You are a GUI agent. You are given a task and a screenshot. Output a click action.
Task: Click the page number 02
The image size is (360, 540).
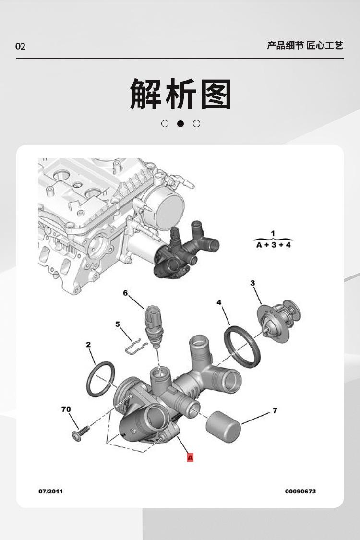(20, 47)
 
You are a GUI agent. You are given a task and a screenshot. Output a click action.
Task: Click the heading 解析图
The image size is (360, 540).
(180, 95)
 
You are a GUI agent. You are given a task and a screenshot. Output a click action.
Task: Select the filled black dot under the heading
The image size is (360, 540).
(180, 123)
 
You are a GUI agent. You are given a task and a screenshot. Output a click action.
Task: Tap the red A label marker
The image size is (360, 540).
(190, 457)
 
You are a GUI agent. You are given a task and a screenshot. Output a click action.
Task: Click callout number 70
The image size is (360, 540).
(66, 409)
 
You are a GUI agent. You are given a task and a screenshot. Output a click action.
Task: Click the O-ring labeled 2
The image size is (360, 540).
(101, 379)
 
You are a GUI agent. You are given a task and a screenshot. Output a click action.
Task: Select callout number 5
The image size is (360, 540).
(118, 324)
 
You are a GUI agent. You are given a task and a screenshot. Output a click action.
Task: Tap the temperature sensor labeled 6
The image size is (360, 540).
(154, 324)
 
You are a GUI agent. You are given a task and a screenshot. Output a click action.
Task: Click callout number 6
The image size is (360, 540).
(125, 293)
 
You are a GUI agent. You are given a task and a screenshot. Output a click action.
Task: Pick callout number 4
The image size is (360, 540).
(219, 302)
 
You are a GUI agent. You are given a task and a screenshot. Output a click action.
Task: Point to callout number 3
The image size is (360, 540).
(252, 283)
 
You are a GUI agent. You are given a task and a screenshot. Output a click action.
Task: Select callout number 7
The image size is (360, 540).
(275, 410)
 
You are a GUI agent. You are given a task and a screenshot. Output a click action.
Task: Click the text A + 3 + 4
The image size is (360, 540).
(273, 245)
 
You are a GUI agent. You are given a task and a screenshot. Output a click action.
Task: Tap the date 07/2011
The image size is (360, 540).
(50, 491)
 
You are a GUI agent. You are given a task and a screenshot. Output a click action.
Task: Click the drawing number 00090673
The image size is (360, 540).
(300, 491)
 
